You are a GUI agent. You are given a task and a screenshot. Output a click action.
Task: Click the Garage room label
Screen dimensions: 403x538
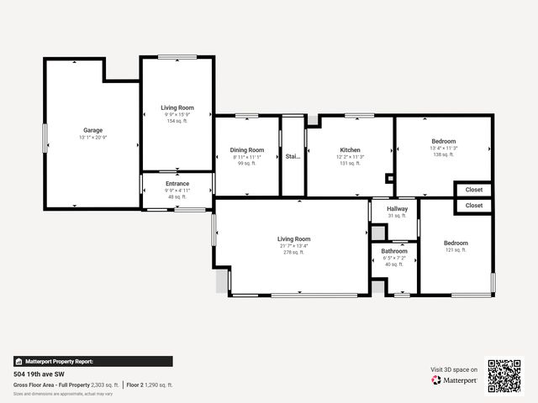(x=92, y=130)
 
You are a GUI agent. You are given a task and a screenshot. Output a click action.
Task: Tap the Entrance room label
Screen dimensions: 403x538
(x=177, y=183)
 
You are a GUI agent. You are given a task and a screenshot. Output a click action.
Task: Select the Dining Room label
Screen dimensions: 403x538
(x=246, y=149)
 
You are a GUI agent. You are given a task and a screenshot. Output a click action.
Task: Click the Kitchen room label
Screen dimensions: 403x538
(x=350, y=149)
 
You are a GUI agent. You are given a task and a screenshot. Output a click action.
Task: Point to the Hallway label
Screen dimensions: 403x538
(x=397, y=208)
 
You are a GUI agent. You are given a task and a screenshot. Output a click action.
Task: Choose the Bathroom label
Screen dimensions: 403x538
(x=394, y=251)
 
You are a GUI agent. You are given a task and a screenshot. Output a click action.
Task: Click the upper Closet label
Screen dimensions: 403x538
(x=474, y=190)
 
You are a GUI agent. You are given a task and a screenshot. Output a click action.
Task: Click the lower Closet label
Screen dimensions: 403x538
(x=474, y=205)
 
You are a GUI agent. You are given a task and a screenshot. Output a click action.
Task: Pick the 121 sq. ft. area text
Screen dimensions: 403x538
(x=456, y=250)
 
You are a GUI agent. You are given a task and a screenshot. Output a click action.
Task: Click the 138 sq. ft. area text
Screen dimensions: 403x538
(x=443, y=154)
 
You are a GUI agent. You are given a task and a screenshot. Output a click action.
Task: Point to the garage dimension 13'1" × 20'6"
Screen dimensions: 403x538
(x=92, y=137)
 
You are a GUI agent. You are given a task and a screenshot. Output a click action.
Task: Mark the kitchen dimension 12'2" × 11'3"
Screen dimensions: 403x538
(x=350, y=156)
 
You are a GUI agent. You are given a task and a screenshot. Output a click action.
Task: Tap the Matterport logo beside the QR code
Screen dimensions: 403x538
(x=454, y=380)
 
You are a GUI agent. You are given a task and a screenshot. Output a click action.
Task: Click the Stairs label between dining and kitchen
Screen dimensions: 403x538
(x=292, y=156)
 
